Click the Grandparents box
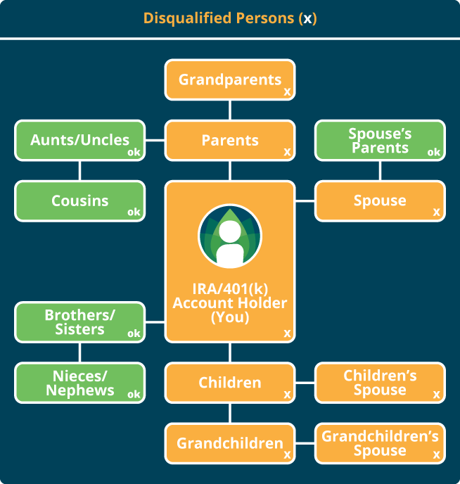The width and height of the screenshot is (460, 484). pyautogui.click(x=230, y=79)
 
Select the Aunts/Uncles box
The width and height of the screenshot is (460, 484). pyautogui.click(x=80, y=141)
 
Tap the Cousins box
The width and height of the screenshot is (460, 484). pyautogui.click(x=80, y=201)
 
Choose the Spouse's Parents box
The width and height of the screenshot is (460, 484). pyautogui.click(x=380, y=141)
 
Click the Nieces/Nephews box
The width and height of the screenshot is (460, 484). pyautogui.click(x=80, y=383)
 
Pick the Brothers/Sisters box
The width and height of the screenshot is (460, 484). pyautogui.click(x=80, y=322)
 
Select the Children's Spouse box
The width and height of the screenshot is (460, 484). pyautogui.click(x=380, y=383)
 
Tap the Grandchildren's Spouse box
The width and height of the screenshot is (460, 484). pyautogui.click(x=380, y=443)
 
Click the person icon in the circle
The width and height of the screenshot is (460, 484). pyautogui.click(x=230, y=244)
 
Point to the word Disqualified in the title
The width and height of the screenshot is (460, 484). pyautogui.click(x=187, y=18)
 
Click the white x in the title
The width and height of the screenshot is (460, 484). pyautogui.click(x=307, y=20)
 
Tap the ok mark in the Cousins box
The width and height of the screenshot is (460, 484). pyautogui.click(x=134, y=212)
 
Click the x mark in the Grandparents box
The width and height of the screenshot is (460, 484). pyautogui.click(x=287, y=91)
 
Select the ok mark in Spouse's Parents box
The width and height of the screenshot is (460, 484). pyautogui.click(x=434, y=152)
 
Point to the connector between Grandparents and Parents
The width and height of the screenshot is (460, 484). pyautogui.click(x=230, y=110)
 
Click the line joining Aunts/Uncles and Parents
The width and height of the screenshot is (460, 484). pyautogui.click(x=155, y=141)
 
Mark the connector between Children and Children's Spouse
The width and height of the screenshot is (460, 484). pyautogui.click(x=305, y=383)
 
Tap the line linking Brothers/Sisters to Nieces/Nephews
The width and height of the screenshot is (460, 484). pyautogui.click(x=80, y=352)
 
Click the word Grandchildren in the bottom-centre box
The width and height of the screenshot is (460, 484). pyautogui.click(x=230, y=443)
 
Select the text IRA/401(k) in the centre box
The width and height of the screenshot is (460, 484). pyautogui.click(x=230, y=289)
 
